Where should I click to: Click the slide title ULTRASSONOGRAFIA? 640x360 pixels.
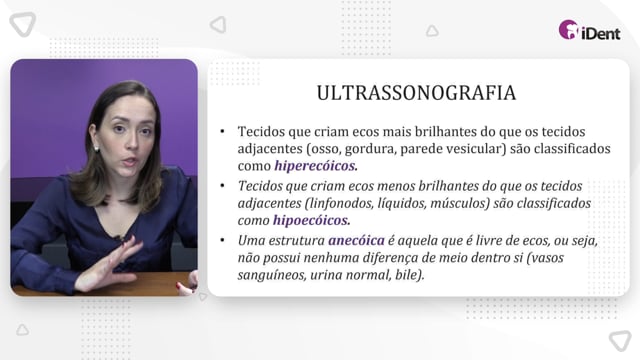pyautogui.click(x=416, y=93)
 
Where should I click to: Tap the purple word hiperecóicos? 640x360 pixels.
pyautogui.click(x=316, y=166)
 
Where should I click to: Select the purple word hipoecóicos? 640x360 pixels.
pyautogui.click(x=311, y=220)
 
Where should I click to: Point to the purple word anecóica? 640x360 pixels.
pyautogui.click(x=356, y=240)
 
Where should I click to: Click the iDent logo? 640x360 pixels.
pyautogui.click(x=589, y=30)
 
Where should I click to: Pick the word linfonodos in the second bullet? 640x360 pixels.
pyautogui.click(x=339, y=203)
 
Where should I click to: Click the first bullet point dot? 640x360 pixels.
pyautogui.click(x=222, y=131)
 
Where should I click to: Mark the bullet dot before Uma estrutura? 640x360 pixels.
pyautogui.click(x=222, y=240)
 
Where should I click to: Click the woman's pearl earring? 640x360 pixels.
pyautogui.click(x=97, y=149)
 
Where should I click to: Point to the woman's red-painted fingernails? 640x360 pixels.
pyautogui.click(x=181, y=286)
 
